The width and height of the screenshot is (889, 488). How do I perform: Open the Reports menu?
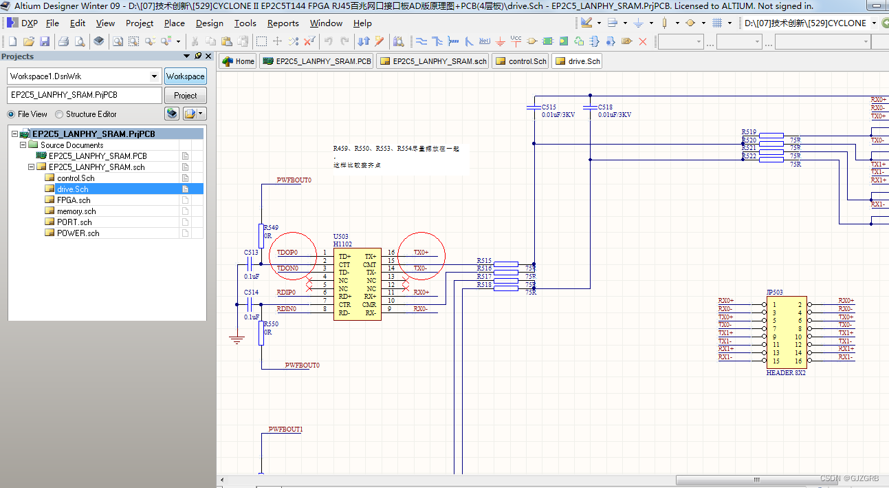tap(283, 23)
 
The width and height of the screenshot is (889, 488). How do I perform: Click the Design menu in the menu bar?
tap(209, 23)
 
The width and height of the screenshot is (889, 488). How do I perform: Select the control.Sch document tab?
tap(521, 61)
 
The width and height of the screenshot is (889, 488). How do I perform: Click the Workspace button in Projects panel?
tap(185, 76)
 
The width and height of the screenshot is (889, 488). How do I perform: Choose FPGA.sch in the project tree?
tap(74, 200)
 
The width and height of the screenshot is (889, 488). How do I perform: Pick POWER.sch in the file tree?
tap(78, 233)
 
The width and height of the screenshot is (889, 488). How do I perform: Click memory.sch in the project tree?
tap(76, 211)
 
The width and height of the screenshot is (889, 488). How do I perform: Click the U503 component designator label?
tap(341, 237)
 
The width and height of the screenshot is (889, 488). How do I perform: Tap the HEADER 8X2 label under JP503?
tap(786, 373)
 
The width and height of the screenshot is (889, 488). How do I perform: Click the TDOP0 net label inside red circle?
tap(287, 253)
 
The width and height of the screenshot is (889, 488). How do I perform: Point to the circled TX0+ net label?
tap(421, 253)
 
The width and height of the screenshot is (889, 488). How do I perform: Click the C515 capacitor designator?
tap(549, 107)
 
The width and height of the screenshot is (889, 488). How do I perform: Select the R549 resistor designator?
tap(271, 228)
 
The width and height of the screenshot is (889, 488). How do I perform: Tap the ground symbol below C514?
tap(237, 339)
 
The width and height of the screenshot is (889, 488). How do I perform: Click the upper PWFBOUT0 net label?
tap(294, 180)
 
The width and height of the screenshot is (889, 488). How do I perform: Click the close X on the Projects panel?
tap(208, 56)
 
